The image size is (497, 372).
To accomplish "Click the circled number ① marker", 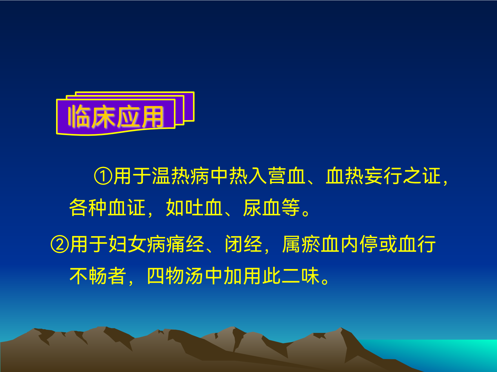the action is (x=103, y=176).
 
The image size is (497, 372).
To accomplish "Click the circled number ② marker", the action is (x=60, y=244).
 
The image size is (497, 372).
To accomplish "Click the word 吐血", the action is (x=194, y=208).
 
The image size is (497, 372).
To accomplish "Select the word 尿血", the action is (x=262, y=208).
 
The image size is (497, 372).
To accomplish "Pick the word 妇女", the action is (x=127, y=244).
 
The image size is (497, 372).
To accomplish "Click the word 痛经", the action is (x=185, y=244).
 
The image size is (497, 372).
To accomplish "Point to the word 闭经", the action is (x=243, y=244).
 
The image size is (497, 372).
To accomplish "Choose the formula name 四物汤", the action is (x=175, y=276).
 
